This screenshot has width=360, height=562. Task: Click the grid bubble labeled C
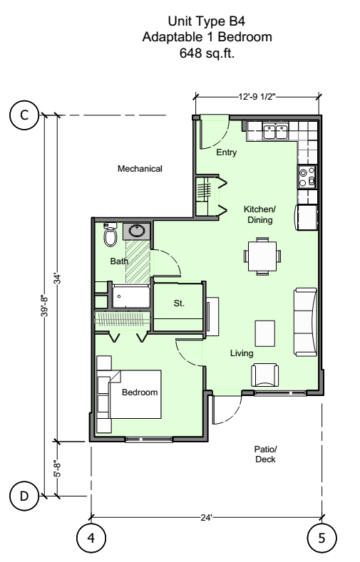pyautogui.click(x=25, y=116)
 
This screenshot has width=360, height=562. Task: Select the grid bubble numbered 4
pyautogui.click(x=91, y=536)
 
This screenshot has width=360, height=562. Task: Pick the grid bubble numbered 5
pyautogui.click(x=322, y=536)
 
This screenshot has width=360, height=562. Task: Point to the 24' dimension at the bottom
pyautogui.click(x=207, y=517)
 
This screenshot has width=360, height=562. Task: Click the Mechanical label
pyautogui.click(x=140, y=170)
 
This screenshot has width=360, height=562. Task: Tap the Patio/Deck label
pyautogui.click(x=264, y=454)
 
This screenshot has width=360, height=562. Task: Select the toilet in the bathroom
pyautogui.click(x=110, y=236)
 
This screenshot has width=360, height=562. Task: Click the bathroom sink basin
pyautogui.click(x=135, y=231)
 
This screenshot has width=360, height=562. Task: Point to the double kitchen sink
pyautogui.click(x=274, y=131)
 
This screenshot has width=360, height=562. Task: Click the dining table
pyautogui.click(x=262, y=257)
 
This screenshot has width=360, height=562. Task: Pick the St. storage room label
pyautogui.click(x=179, y=303)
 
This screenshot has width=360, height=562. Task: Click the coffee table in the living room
pyautogui.click(x=264, y=332)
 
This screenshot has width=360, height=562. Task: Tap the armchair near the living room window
pyautogui.click(x=264, y=374)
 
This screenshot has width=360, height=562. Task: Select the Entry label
pyautogui.click(x=226, y=152)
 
